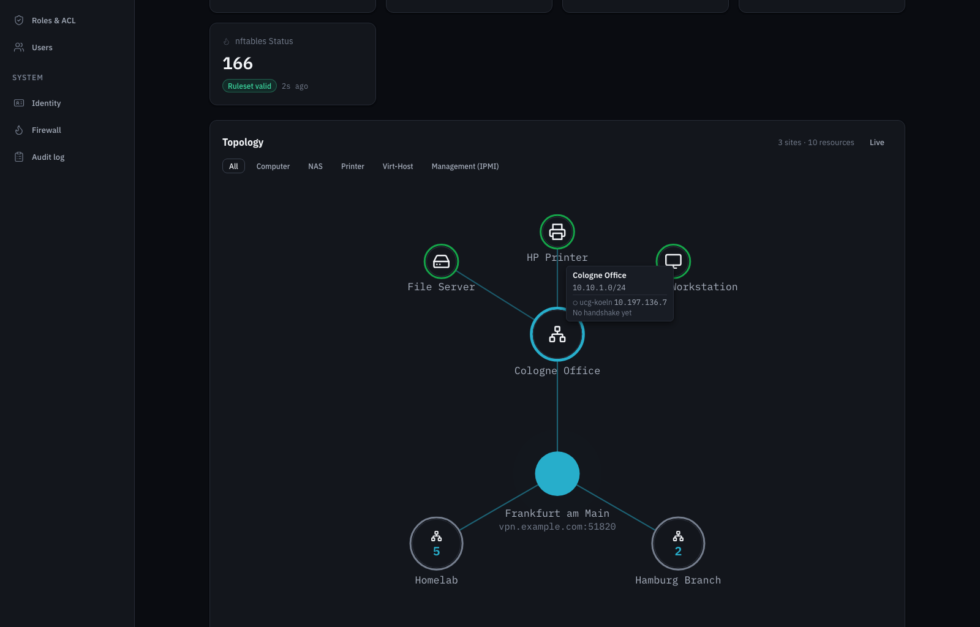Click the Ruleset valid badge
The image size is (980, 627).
249,86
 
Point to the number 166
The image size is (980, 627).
238,64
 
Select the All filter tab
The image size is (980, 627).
233,166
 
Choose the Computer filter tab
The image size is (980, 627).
273,166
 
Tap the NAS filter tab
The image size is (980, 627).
315,166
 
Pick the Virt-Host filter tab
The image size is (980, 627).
398,166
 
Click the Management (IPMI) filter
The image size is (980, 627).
465,166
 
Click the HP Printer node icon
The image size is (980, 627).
557,231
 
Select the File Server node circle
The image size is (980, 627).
441,261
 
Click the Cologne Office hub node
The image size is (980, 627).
557,334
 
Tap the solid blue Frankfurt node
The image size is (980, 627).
557,473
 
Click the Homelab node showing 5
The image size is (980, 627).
436,544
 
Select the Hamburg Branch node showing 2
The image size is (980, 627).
677,544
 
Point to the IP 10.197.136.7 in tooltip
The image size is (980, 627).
641,302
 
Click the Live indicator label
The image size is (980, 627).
876,143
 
